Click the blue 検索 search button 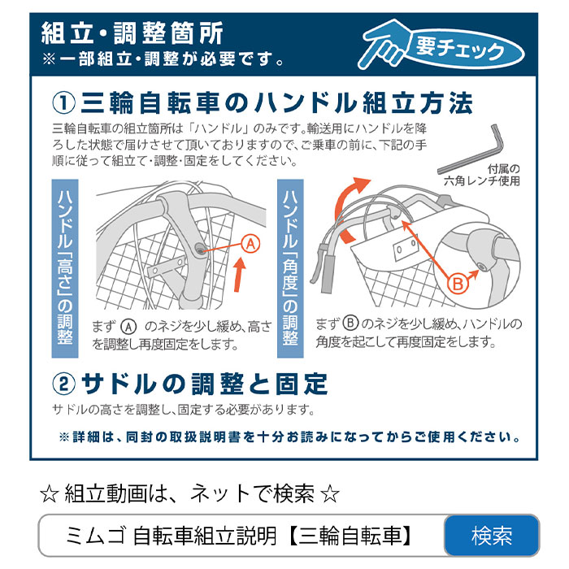pos(492,536)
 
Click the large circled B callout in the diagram pos(458,282)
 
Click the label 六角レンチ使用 pos(488,181)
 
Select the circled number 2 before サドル pos(63,383)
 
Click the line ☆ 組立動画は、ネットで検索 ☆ pos(189,493)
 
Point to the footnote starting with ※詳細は pos(289,437)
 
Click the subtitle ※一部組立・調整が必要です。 pos(163,59)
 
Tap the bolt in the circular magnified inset pos(482,265)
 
